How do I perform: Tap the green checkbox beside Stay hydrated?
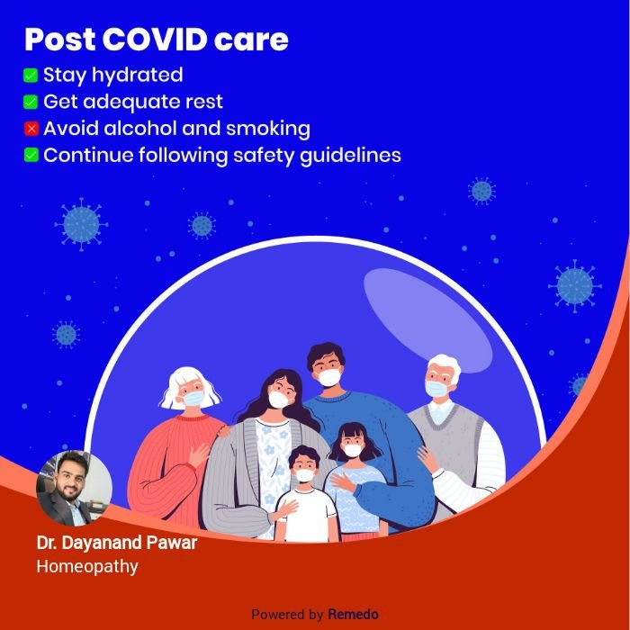[31, 75]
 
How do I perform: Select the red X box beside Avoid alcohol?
[31, 129]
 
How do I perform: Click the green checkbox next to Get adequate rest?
[31, 102]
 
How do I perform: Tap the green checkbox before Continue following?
[31, 155]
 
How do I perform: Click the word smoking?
[267, 130]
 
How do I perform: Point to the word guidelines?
[350, 156]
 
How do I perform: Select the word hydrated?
[138, 76]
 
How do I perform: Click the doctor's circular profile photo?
[74, 488]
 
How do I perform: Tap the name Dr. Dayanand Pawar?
[116, 543]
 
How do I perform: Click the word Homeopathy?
[87, 566]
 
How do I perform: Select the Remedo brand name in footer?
[353, 615]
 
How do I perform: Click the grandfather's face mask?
[436, 389]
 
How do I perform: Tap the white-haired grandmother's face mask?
[193, 398]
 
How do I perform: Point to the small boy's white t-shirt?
[307, 515]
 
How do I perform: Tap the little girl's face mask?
[353, 450]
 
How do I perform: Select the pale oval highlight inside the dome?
[427, 320]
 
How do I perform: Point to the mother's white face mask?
[278, 400]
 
